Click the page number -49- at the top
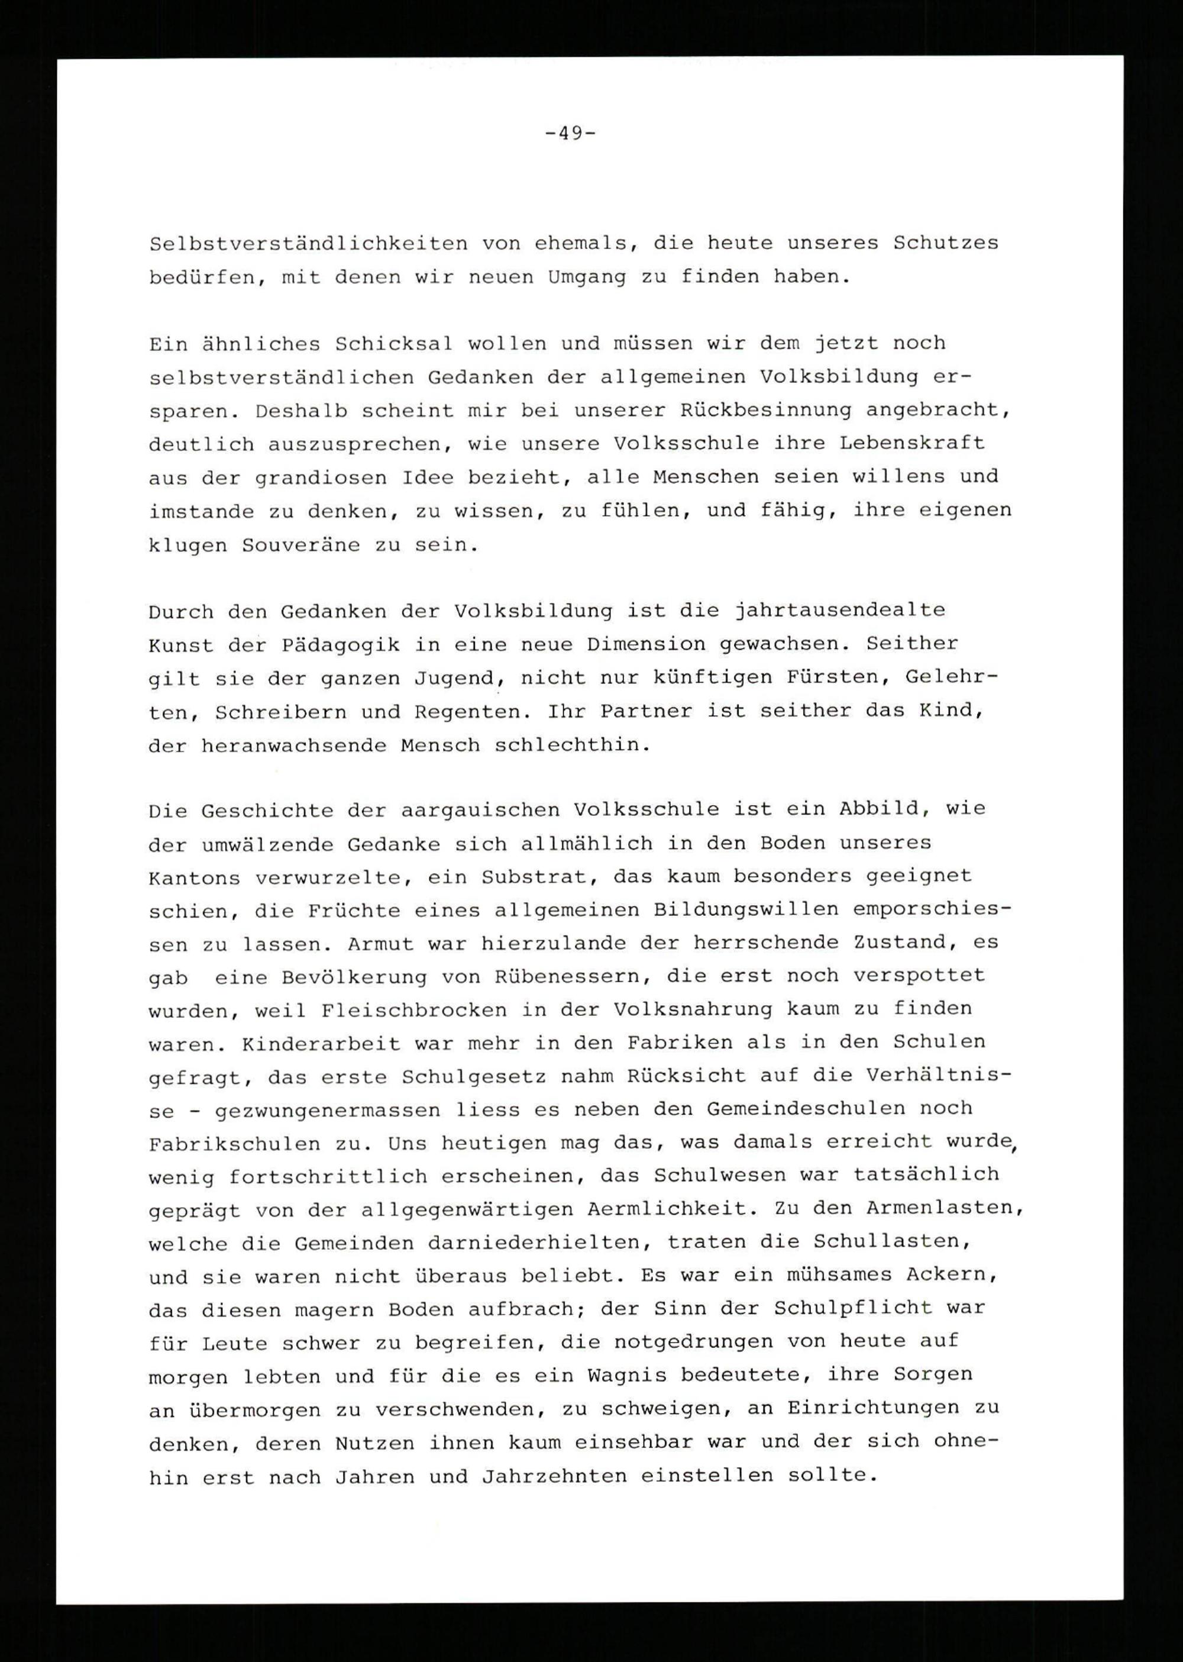[x=570, y=133]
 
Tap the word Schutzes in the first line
[x=946, y=243]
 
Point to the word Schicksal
[x=393, y=343]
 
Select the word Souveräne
[x=301, y=545]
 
